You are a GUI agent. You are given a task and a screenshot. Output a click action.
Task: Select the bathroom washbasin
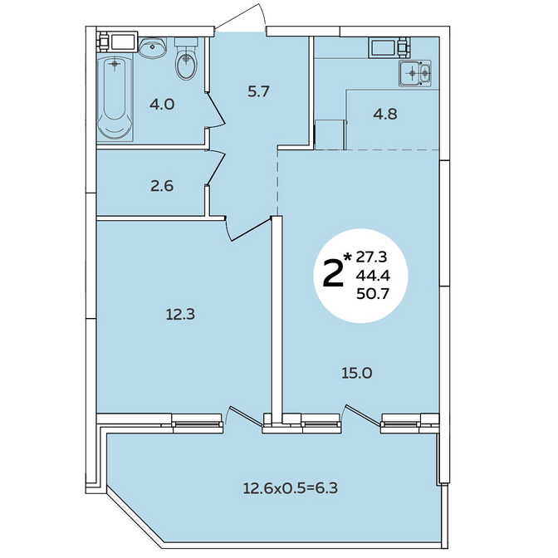pos(153,47)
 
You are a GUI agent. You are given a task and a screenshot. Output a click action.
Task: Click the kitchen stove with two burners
pos(415,73)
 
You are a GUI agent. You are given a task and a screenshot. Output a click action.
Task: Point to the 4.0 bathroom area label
pos(162,105)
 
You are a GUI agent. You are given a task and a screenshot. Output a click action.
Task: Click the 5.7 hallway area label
pos(259,92)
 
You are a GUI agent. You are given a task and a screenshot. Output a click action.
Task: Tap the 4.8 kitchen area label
pos(385,114)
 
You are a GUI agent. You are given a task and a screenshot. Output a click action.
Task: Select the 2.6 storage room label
pos(162,186)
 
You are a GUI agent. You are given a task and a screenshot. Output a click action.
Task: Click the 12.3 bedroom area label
pos(180,314)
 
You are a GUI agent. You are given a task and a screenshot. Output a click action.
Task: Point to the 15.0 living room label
pos(357,373)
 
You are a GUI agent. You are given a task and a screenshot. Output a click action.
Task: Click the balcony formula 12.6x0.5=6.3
pos(291,488)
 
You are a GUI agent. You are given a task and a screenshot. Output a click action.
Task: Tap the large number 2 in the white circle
pos(333,273)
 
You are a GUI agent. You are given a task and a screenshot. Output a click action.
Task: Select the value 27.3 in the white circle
pos(371,257)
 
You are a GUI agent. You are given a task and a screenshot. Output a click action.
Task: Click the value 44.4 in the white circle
pos(374,275)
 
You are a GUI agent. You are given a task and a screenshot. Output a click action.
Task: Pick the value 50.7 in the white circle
pos(373,294)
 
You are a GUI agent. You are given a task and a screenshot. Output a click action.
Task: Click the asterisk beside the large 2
pos(348,256)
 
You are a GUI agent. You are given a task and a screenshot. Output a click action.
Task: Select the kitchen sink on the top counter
pos(383,47)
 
